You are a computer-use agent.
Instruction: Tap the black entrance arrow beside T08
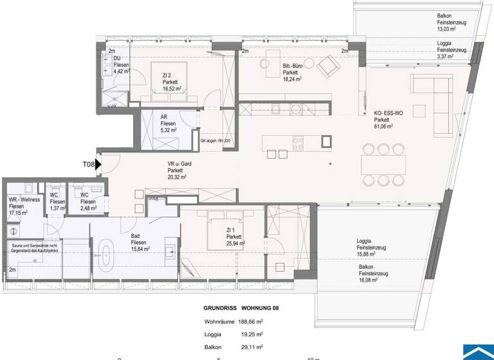tap(98, 165)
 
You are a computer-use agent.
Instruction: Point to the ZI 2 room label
tap(167, 76)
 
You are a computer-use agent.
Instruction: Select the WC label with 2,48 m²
tap(85, 202)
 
